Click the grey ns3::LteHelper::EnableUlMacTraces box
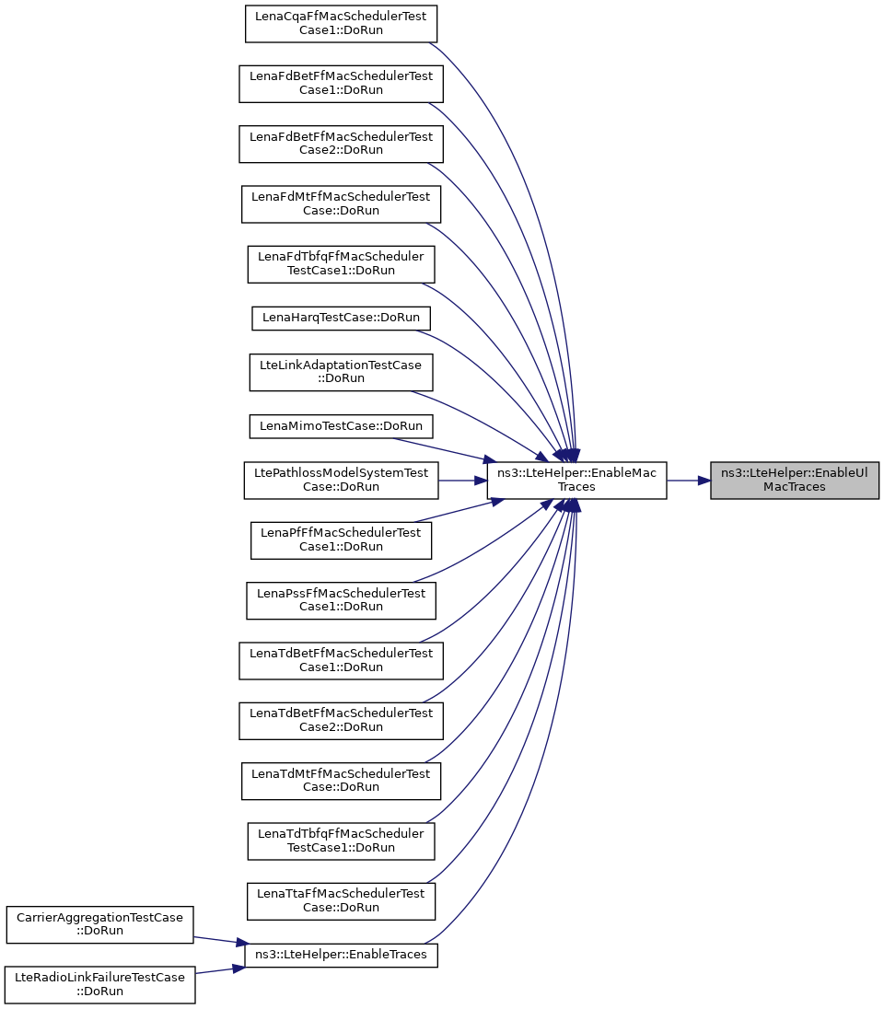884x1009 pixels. pos(794,480)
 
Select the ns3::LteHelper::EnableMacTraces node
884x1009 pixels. pos(576,480)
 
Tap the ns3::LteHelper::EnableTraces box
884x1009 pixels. pos(346,954)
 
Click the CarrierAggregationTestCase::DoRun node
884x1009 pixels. pos(99,923)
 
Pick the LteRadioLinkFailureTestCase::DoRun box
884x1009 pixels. pos(99,984)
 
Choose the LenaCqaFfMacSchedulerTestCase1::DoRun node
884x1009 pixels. pos(341,23)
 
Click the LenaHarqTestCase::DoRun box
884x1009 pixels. pos(341,318)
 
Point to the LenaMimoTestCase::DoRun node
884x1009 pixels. pos(341,426)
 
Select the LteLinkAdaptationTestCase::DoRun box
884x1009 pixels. pos(341,372)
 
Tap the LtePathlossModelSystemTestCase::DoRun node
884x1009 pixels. pos(341,480)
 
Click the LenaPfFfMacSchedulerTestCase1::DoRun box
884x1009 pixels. pos(341,539)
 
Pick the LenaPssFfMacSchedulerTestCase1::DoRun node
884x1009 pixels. pos(341,600)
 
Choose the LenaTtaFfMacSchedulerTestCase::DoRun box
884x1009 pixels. pos(341,899)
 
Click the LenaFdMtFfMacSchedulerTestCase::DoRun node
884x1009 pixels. pos(341,203)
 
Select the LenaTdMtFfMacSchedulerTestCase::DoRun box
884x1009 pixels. pos(341,780)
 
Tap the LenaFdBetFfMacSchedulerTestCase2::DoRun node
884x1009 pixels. pos(341,143)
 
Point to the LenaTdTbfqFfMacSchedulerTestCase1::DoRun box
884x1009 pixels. pos(341,840)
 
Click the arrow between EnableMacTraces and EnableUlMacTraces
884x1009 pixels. pos(688,480)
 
